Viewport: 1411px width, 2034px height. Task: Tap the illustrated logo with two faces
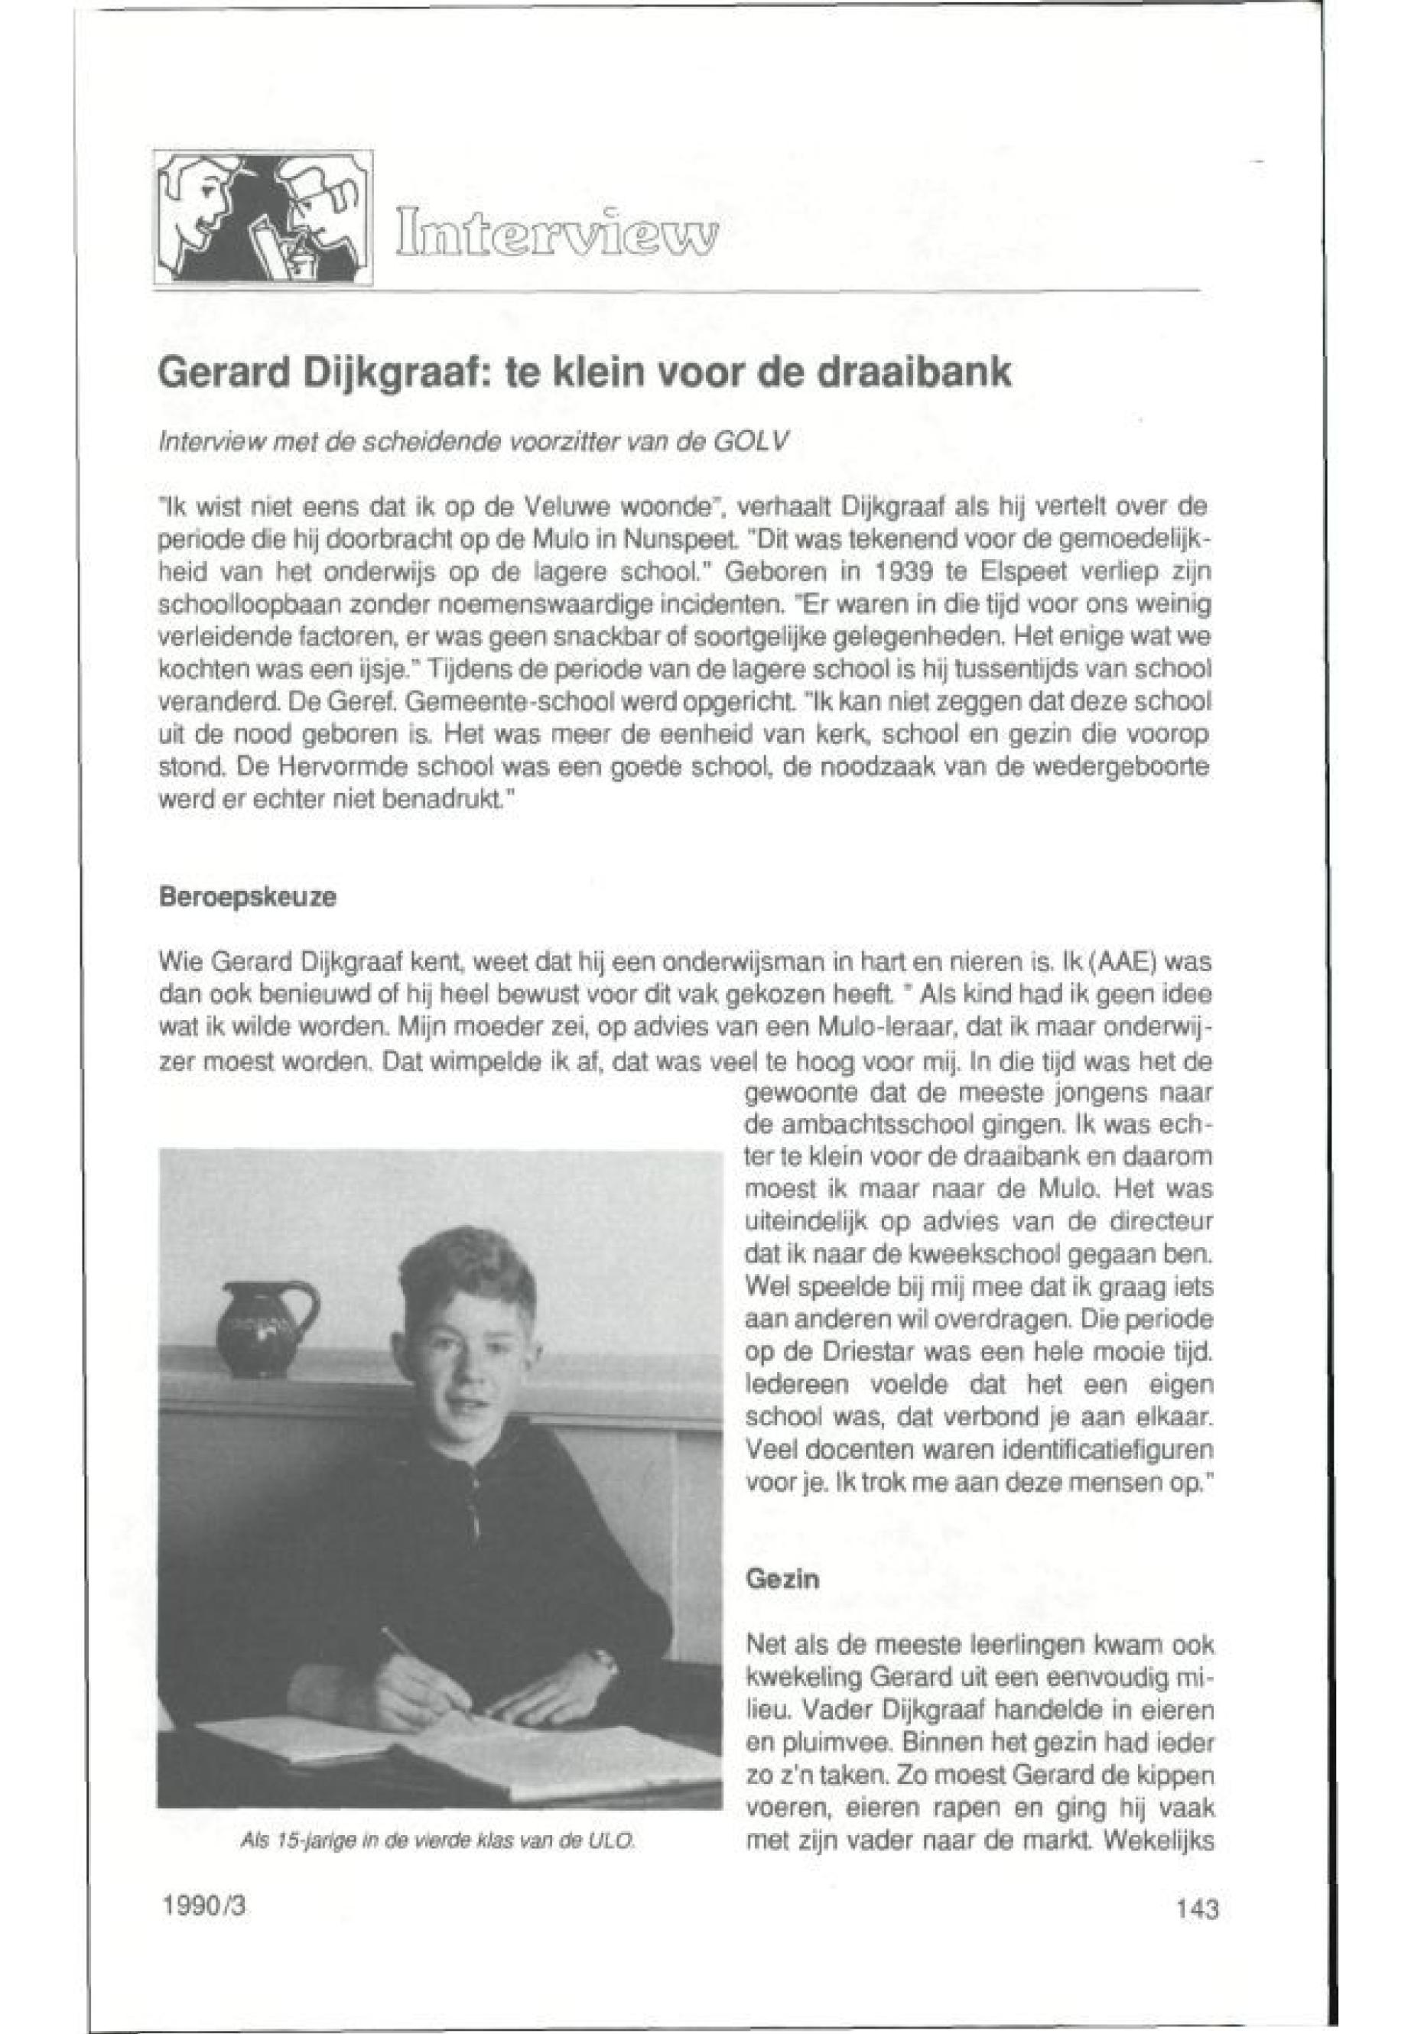click(262, 216)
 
